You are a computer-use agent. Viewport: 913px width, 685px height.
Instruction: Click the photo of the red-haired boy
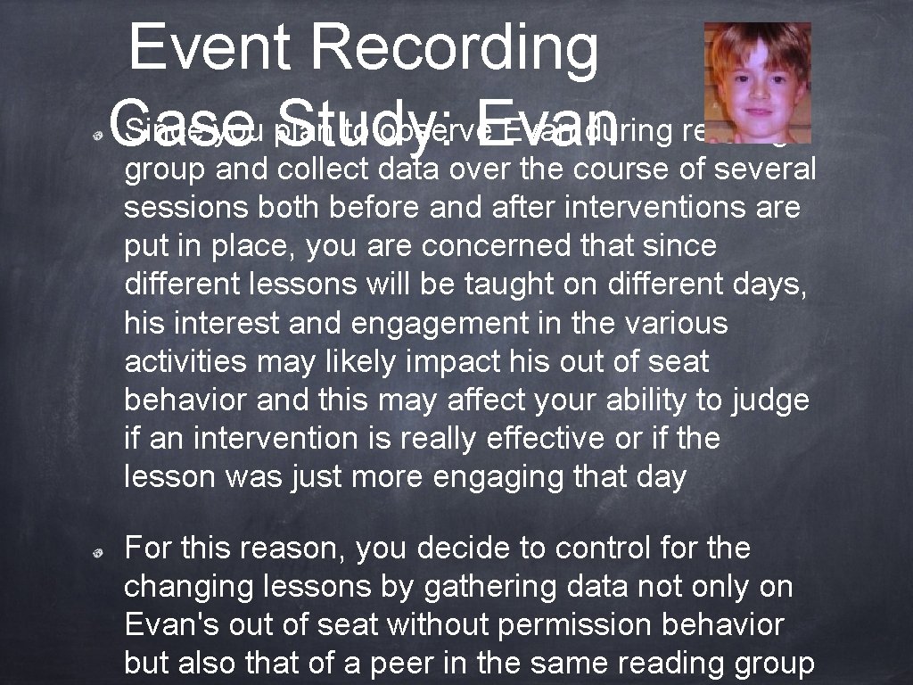757,82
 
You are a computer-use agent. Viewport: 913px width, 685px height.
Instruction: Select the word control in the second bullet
577,548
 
